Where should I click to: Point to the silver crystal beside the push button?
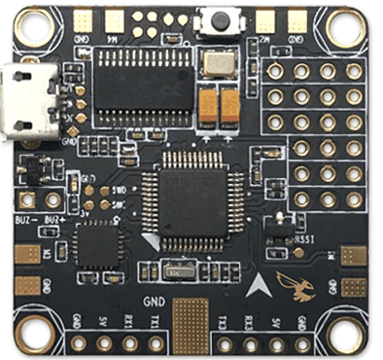[x=220, y=65]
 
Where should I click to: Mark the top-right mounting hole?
[x=351, y=29]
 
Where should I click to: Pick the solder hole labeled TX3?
[x=226, y=343]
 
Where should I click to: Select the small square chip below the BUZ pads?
[x=97, y=244]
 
